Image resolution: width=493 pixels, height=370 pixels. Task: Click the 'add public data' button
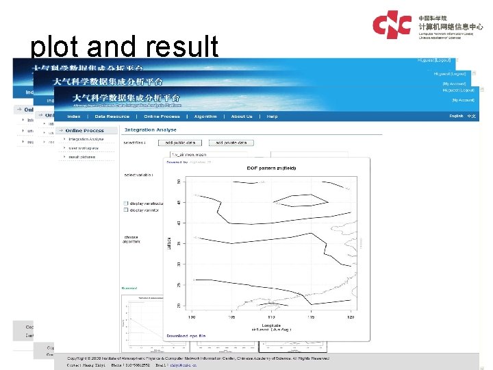[x=181, y=143]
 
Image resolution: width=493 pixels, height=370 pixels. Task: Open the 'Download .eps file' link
[x=186, y=336]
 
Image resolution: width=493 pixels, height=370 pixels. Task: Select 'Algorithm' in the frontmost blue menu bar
[x=205, y=116]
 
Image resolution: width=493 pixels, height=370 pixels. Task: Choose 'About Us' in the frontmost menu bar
[x=242, y=116]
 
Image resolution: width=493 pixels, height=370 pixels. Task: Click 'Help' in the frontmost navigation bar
[x=273, y=116]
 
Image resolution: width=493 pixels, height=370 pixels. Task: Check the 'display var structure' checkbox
[x=125, y=203]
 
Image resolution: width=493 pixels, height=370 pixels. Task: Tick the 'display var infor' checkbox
[x=125, y=211]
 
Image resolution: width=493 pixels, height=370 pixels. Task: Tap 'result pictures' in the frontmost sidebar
[x=83, y=157]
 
